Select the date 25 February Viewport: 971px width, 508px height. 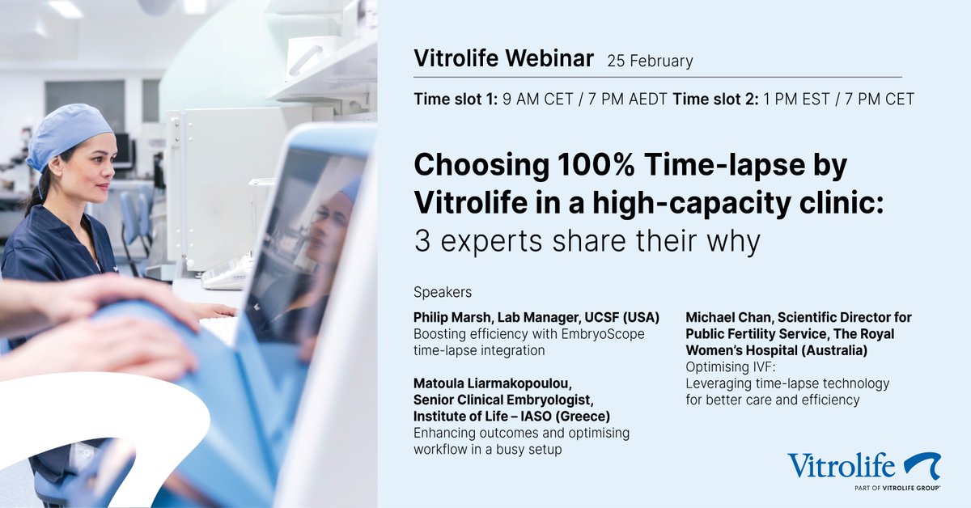point(650,61)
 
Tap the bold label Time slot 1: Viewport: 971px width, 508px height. point(456,99)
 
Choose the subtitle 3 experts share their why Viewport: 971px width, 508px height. point(588,240)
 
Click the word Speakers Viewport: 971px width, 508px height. point(443,291)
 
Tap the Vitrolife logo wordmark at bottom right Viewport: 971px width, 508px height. point(841,466)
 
